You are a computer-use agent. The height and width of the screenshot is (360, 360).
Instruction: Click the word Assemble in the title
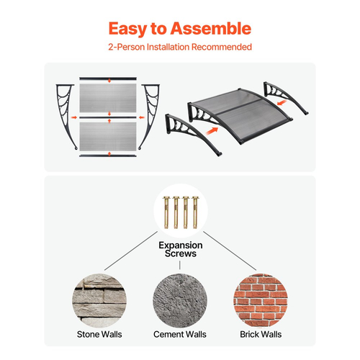tap(211, 29)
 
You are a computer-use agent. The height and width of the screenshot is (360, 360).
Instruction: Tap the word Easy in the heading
tap(127, 30)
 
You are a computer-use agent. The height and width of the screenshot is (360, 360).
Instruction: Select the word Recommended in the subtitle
tap(222, 47)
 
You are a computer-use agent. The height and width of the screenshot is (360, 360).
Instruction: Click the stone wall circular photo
tap(99, 300)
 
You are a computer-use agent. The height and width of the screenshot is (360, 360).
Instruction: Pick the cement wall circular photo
tap(180, 300)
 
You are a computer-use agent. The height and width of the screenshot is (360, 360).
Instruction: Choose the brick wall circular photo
tap(261, 300)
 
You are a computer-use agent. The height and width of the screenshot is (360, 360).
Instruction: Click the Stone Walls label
tap(99, 334)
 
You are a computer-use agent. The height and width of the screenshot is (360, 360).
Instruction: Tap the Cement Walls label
tap(180, 334)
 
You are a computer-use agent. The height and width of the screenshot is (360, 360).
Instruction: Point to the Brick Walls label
tap(261, 334)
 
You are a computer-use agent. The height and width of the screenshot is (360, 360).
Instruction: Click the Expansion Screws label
tap(181, 249)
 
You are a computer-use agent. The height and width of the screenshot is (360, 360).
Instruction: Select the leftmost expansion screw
tap(166, 212)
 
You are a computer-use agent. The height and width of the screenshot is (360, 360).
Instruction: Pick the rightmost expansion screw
tap(195, 212)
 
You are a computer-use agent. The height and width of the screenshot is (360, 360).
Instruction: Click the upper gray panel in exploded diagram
tap(108, 98)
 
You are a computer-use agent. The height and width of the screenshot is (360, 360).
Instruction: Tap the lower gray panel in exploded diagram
tap(108, 137)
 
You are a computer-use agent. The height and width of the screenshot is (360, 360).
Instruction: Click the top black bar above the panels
tap(108, 78)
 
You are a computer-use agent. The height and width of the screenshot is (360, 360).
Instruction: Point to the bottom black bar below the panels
tap(108, 156)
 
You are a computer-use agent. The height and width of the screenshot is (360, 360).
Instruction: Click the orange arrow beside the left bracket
tap(74, 117)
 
